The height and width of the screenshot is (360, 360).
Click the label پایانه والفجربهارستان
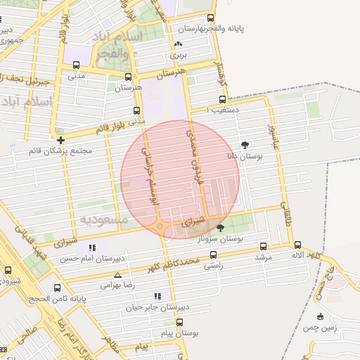click(210, 30)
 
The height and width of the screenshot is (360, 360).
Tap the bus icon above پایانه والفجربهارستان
click(210, 19)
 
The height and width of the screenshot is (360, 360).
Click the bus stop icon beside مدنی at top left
click(76, 65)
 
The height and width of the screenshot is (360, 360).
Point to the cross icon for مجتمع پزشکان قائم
click(61, 140)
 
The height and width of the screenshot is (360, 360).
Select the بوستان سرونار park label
click(221, 239)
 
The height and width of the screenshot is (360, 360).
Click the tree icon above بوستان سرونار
click(221, 228)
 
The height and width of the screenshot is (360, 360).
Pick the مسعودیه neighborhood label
click(103, 221)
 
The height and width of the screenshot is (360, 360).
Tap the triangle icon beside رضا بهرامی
click(117, 275)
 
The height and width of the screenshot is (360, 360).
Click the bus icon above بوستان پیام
click(179, 322)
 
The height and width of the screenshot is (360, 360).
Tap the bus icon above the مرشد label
click(263, 247)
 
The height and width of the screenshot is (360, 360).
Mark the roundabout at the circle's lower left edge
click(161, 226)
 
